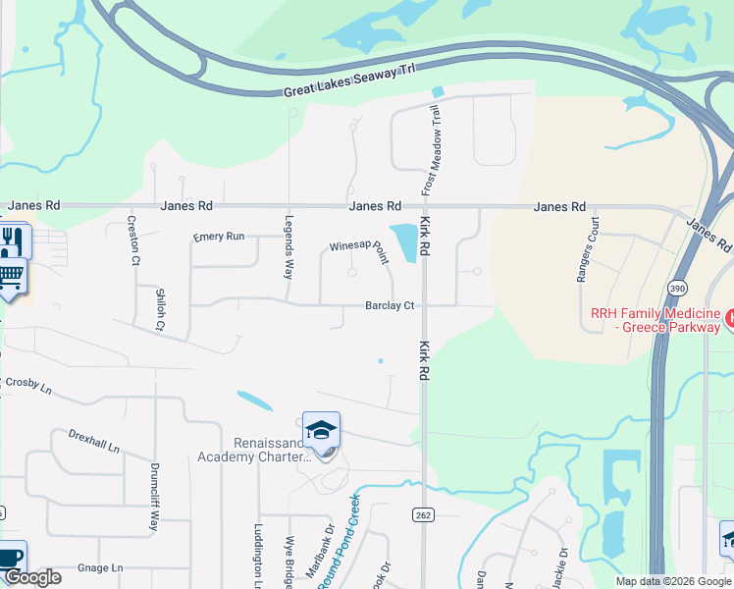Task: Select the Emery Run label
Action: (x=219, y=237)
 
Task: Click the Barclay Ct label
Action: (x=390, y=306)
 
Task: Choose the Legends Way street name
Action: (x=289, y=246)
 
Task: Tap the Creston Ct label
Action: (x=134, y=241)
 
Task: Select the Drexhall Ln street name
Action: (x=94, y=441)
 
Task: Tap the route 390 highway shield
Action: (x=677, y=288)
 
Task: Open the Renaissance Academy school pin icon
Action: (x=321, y=431)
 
